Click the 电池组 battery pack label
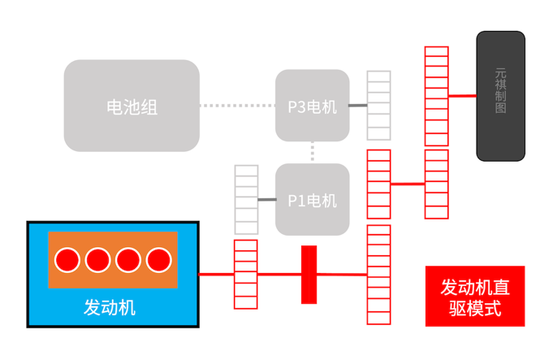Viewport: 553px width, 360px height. (x=132, y=106)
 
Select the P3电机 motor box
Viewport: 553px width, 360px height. (x=312, y=106)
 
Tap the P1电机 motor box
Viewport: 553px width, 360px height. (x=312, y=200)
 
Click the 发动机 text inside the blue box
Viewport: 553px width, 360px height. (x=110, y=307)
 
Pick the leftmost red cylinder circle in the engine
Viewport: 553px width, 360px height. (x=67, y=260)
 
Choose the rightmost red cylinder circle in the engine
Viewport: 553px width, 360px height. (x=159, y=260)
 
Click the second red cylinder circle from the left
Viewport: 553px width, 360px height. (x=97, y=260)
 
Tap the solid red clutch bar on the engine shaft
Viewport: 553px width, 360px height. (x=309, y=275)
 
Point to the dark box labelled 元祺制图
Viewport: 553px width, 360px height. (x=500, y=96)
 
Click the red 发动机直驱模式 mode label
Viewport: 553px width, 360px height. (x=475, y=297)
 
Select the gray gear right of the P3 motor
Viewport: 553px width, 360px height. (x=378, y=106)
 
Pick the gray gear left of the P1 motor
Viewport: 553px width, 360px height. (x=246, y=200)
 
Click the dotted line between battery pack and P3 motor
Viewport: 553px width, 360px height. (x=237, y=106)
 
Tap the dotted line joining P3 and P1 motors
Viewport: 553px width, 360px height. (x=313, y=152)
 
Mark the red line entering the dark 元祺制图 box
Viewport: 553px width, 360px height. (x=462, y=96)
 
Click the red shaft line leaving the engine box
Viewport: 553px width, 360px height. (x=216, y=275)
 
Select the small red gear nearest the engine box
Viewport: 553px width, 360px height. (x=246, y=275)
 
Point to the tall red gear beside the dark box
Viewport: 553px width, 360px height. (x=436, y=132)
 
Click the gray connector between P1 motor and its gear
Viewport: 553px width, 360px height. (x=266, y=200)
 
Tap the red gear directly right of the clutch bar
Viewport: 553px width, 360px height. (x=378, y=275)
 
